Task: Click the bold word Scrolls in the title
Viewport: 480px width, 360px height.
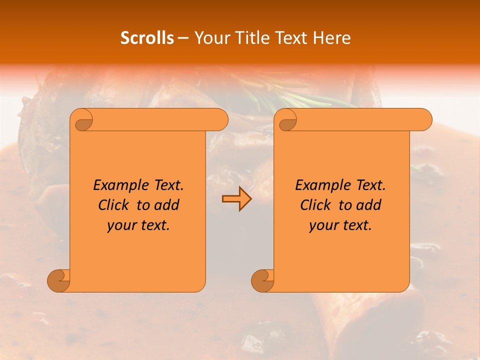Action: pyautogui.click(x=147, y=38)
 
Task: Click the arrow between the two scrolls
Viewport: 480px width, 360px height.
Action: pyautogui.click(x=236, y=199)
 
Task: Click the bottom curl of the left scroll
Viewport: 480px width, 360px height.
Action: pyautogui.click(x=59, y=280)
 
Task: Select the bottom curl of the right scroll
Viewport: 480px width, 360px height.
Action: pyautogui.click(x=262, y=280)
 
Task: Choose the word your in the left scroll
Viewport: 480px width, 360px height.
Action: pyautogui.click(x=120, y=226)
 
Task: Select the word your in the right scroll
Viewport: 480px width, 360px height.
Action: pyautogui.click(x=322, y=226)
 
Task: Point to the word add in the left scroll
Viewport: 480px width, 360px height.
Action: pyautogui.click(x=167, y=205)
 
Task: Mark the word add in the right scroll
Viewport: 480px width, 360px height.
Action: pyautogui.click(x=369, y=205)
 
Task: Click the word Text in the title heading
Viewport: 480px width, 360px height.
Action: pyautogui.click(x=291, y=38)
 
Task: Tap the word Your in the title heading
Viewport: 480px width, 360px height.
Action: pyautogui.click(x=210, y=38)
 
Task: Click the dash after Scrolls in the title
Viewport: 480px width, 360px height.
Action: pyautogui.click(x=183, y=38)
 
